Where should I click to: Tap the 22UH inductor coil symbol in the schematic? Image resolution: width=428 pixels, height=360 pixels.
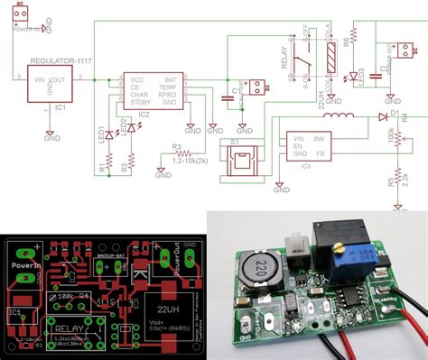point(340,117)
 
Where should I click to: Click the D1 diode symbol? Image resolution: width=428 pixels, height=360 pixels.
point(383,116)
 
